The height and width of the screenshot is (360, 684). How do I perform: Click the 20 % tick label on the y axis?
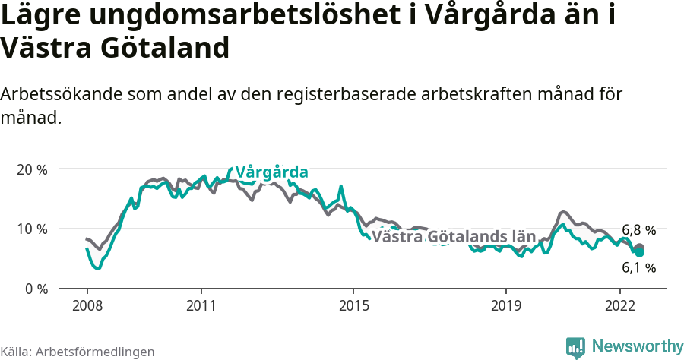point(32,169)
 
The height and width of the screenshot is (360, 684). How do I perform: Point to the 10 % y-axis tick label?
point(32,229)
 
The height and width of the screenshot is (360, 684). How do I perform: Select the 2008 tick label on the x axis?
point(87,305)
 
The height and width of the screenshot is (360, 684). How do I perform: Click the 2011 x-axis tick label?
point(201,305)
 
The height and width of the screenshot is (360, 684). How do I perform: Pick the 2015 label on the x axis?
point(353,305)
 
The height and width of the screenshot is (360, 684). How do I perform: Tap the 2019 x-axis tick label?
point(505,305)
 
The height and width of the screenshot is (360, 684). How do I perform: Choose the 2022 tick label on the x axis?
point(619,305)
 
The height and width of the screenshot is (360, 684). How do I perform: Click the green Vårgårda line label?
point(271,172)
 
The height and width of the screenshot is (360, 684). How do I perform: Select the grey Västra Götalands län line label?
point(454,236)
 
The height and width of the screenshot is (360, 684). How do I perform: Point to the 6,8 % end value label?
point(638,229)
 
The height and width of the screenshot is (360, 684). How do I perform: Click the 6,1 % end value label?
point(638,267)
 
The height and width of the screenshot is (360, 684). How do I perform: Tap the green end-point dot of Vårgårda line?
point(640,252)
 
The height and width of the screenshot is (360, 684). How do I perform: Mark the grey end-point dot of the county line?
point(640,248)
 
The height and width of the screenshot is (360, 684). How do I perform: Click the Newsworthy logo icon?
point(575,347)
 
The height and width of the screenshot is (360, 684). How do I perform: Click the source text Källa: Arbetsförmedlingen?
point(78,352)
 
